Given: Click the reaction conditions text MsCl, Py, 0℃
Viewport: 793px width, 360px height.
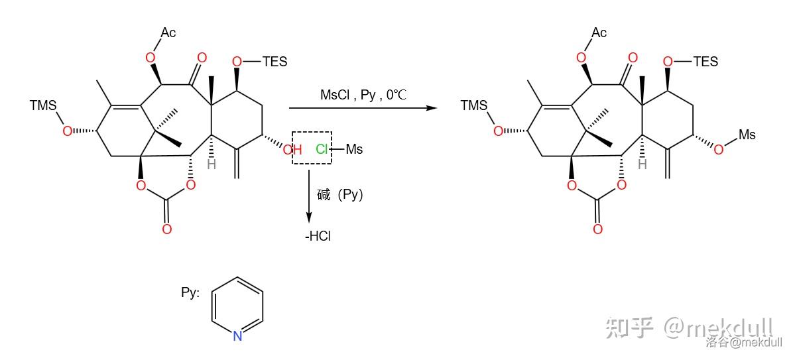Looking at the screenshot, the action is (363, 95).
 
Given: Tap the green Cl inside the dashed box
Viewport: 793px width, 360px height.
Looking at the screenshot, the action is (322, 149).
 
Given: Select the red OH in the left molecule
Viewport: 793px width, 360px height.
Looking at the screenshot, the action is (292, 150).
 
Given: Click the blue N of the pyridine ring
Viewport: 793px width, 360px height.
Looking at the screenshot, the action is (237, 335).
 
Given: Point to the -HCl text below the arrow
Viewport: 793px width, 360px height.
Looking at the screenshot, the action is (318, 236).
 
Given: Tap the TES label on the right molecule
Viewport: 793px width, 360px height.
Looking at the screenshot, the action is (705, 62).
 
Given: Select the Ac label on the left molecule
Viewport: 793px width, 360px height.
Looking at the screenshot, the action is (168, 33).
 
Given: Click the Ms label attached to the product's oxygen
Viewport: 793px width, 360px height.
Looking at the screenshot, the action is (747, 135).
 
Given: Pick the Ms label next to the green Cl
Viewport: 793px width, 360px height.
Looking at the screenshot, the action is (355, 149).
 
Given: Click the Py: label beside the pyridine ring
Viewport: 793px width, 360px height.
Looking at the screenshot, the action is (190, 293).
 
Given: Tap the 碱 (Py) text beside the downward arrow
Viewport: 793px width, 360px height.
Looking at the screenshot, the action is (340, 195).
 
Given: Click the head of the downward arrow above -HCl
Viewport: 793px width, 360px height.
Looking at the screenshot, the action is (308, 221).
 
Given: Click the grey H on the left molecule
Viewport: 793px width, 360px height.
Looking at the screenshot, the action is (212, 164).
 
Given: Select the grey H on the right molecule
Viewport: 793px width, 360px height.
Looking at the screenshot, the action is (642, 164).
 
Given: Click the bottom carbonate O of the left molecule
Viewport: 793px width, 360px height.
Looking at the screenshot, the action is (167, 229).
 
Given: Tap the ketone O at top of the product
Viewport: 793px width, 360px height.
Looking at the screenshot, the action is (632, 58).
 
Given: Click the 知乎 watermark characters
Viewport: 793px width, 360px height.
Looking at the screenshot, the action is (630, 328).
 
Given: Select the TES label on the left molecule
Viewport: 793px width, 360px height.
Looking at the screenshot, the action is (274, 62).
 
